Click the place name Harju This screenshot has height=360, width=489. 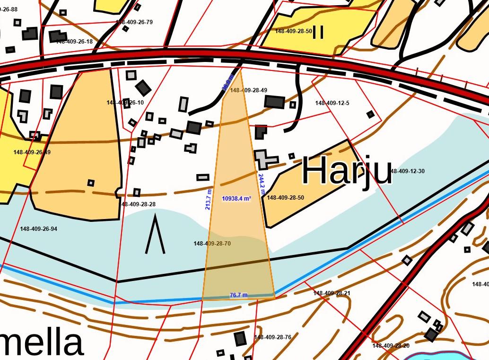347,170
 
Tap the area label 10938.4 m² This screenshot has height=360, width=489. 236,199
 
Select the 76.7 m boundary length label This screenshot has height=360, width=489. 238,295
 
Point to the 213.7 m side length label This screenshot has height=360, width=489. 208,199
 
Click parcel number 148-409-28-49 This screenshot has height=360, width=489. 248,90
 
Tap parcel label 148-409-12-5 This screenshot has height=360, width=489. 332,103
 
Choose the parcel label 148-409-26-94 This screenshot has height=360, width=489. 38,229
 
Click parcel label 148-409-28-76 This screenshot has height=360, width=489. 272,337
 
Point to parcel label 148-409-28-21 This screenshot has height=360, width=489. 332,293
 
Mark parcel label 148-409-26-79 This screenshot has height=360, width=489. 134,22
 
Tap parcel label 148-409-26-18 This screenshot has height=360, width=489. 74,42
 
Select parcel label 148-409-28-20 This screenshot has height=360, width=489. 391,346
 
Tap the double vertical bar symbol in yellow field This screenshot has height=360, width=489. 318,32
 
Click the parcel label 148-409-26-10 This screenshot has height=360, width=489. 125,103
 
